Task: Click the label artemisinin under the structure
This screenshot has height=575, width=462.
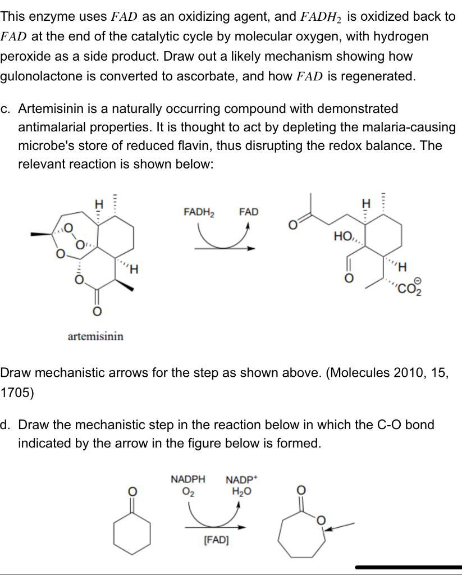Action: pos(95,336)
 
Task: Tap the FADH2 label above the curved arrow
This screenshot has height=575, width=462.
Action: pos(199,212)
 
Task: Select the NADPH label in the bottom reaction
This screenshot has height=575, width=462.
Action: pos(187,480)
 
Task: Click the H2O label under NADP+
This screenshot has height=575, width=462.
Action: pos(242,491)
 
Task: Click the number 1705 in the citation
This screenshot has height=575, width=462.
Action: pos(17,393)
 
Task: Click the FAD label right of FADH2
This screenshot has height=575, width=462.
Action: pos(249,212)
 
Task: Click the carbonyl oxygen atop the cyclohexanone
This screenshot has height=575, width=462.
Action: pos(132,492)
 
